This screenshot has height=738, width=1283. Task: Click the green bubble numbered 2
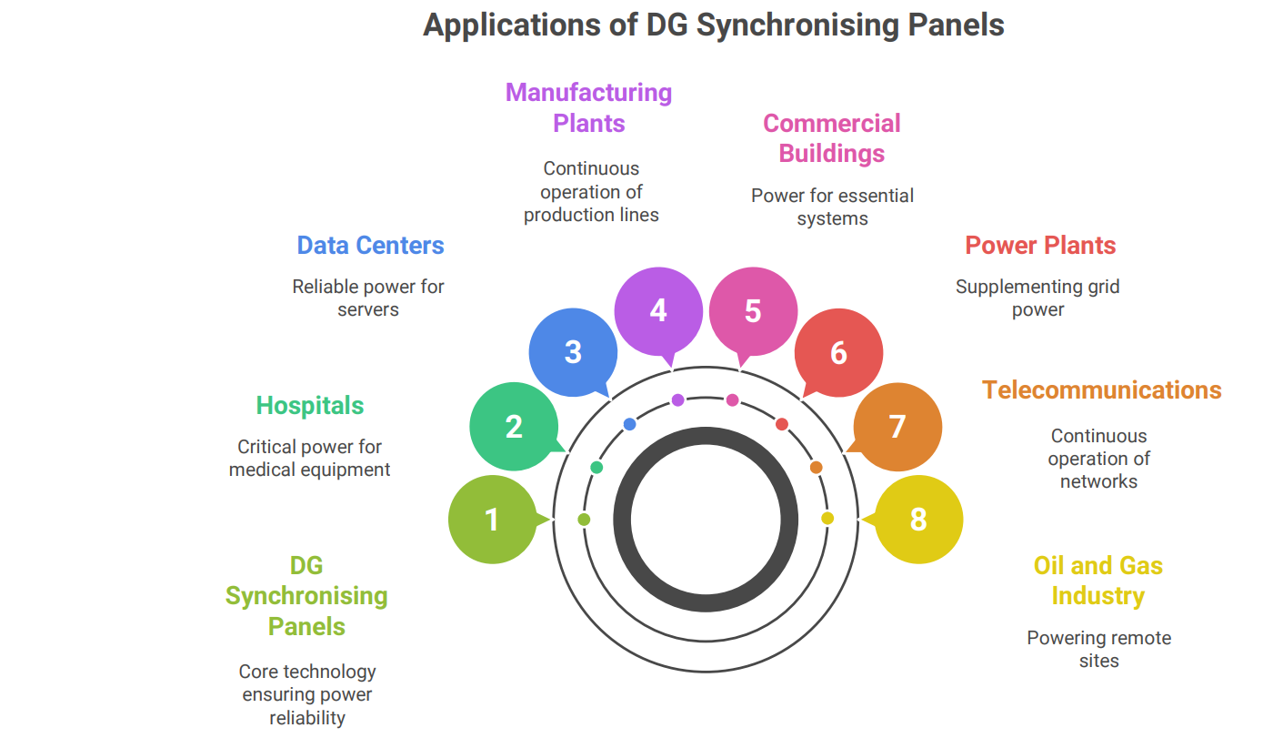[x=514, y=427]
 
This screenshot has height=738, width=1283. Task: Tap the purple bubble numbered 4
[x=658, y=311]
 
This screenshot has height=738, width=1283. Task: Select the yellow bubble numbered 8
[x=918, y=520]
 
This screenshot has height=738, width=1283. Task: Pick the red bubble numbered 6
[x=838, y=353]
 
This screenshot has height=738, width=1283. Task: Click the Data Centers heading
[x=370, y=246]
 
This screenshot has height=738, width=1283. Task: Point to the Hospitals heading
[x=310, y=406]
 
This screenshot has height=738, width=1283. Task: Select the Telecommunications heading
[x=1102, y=390]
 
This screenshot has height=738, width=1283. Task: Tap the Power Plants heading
[x=1040, y=246]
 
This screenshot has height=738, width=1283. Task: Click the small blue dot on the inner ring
[x=629, y=424]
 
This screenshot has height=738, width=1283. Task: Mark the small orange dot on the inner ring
[x=817, y=468]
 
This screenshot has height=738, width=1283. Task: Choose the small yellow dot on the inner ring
[x=827, y=519]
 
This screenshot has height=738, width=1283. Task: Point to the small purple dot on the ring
[x=677, y=400]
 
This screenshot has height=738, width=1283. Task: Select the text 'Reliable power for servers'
[x=368, y=298]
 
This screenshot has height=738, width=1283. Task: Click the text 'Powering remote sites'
[x=1098, y=649]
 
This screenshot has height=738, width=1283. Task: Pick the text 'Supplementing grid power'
[x=1037, y=298]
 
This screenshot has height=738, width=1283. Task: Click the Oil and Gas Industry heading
[x=1098, y=581]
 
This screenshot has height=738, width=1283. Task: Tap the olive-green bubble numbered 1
[x=491, y=520]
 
